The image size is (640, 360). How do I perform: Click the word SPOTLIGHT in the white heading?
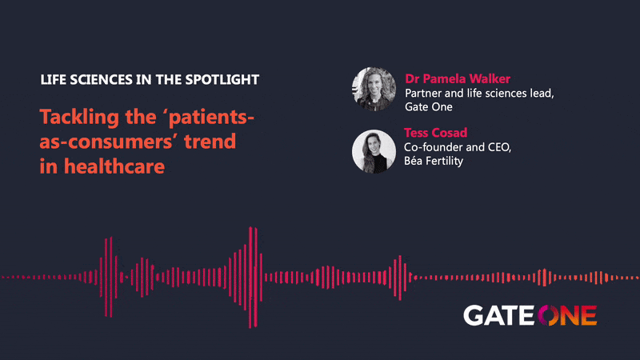(222, 79)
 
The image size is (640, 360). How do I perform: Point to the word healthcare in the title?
(114, 166)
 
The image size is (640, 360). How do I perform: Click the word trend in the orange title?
(210, 142)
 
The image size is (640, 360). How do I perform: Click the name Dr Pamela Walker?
(458, 78)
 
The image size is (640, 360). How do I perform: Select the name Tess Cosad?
(435, 132)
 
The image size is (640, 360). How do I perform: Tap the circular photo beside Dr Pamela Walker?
(374, 89)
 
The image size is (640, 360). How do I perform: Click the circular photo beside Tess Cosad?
(374, 151)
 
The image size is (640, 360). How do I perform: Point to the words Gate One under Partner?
(429, 107)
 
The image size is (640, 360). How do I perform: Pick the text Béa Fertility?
(434, 161)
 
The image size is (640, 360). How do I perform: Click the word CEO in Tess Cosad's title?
(499, 147)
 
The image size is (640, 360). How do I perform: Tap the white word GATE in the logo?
(498, 315)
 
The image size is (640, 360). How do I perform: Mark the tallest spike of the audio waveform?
(250, 277)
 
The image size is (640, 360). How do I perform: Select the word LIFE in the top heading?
(53, 79)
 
